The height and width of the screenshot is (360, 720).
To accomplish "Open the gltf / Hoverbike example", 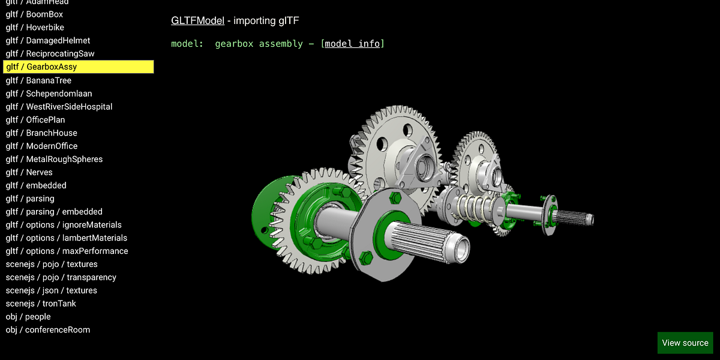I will click(x=35, y=28).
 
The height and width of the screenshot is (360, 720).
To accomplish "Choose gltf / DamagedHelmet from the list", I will click(x=48, y=41).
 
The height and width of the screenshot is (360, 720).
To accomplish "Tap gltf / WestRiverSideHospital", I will click(x=59, y=107).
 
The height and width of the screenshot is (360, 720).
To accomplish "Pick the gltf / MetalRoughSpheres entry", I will click(x=54, y=159).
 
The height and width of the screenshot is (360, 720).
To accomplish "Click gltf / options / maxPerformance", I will click(x=67, y=251).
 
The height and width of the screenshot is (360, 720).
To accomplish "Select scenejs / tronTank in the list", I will click(x=41, y=304).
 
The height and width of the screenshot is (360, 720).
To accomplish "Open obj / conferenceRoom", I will click(x=48, y=330).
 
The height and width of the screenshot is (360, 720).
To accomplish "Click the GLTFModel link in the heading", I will click(x=197, y=20).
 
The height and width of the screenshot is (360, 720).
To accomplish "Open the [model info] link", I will click(x=353, y=44).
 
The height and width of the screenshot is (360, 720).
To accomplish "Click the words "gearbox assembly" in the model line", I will click(x=259, y=44).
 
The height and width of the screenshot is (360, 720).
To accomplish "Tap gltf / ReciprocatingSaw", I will click(x=50, y=54).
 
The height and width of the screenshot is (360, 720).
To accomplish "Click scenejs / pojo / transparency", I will click(x=61, y=277).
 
